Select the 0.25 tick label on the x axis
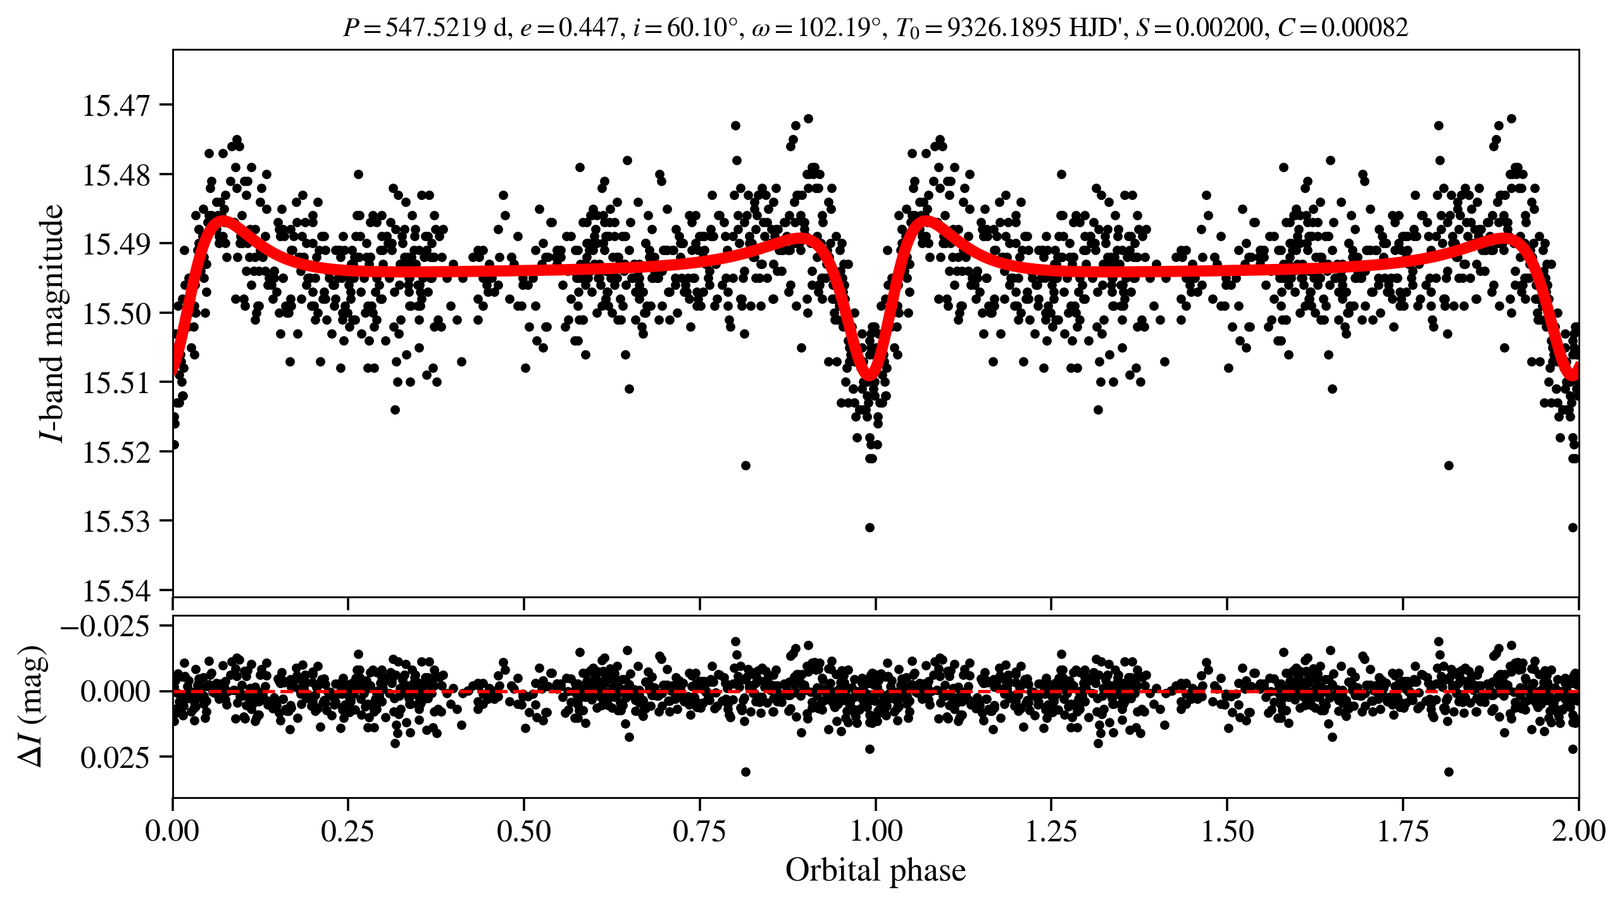coord(347,831)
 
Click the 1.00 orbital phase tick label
coord(875,831)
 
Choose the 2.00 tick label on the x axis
coord(1578,831)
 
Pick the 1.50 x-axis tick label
coord(1227,831)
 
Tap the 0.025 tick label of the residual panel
coord(115,757)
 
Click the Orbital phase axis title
coord(875,870)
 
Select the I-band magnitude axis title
coord(52,323)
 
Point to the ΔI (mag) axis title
coord(32,706)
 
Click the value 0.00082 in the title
coord(1364,28)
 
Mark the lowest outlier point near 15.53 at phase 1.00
coord(870,527)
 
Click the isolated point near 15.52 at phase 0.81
coord(745,465)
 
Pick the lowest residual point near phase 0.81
coord(745,772)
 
